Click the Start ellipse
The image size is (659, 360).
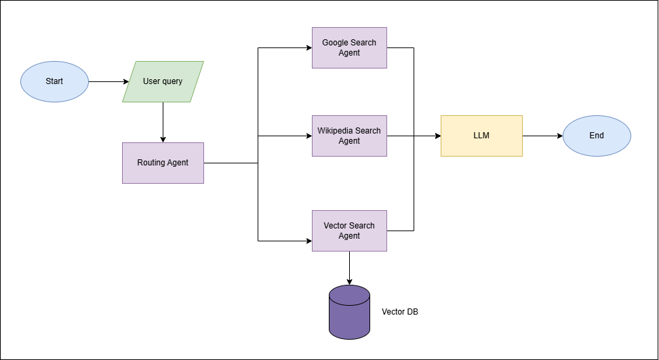coord(54,81)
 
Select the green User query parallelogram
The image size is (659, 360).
coord(163,81)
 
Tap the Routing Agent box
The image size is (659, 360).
coord(163,163)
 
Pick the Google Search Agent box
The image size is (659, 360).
coord(349,47)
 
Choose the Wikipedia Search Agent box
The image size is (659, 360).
coord(349,136)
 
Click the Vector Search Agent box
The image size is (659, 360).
coord(349,231)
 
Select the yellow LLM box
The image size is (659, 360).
coord(481,136)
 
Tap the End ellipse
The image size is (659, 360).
coord(597,136)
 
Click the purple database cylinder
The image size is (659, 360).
coord(349,312)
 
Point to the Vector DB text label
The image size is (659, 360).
coord(400,312)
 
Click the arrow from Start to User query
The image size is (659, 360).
coord(107,81)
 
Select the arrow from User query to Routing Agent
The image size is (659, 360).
coord(163,122)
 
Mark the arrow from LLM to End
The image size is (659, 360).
coord(542,136)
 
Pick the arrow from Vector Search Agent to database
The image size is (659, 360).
coord(349,268)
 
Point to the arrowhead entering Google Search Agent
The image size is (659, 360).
coord(308,47)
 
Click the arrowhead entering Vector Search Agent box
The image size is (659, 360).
coord(308,241)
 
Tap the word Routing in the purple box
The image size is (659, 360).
coord(151,163)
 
